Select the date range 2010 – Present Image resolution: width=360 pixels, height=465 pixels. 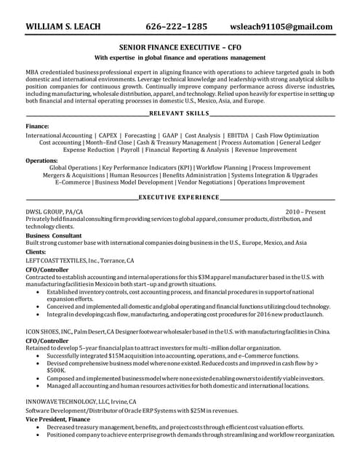(x=305, y=211)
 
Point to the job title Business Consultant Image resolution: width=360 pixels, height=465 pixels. (x=55, y=236)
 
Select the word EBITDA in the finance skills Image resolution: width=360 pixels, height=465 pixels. (x=238, y=136)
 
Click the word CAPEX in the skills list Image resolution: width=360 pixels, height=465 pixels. (x=107, y=136)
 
